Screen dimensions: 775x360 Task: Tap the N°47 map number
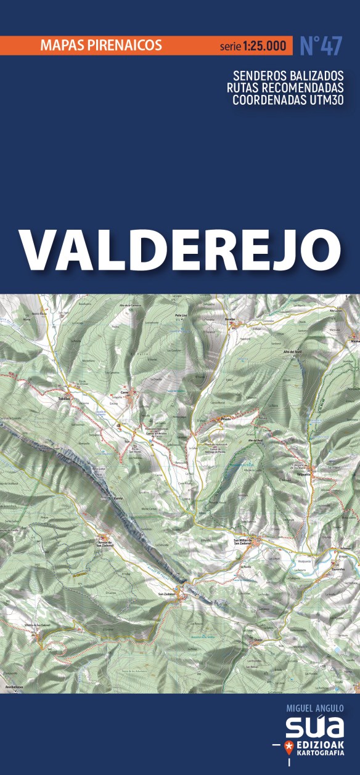tap(320, 46)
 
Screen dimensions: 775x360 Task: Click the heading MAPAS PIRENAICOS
tap(100, 45)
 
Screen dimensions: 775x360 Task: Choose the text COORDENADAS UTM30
tap(288, 100)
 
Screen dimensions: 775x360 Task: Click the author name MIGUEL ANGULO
tap(315, 708)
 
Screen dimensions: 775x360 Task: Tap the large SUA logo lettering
tap(314, 727)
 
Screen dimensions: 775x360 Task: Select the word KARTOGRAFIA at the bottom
tap(321, 754)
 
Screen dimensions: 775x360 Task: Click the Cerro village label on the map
tap(124, 392)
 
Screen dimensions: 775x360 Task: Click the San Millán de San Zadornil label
tap(242, 542)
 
